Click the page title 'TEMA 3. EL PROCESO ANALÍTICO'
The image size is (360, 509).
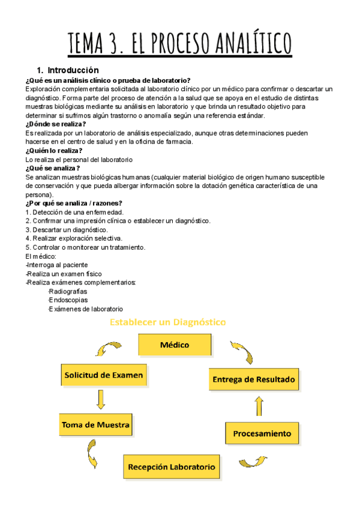[x=180, y=43]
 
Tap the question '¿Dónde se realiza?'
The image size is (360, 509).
[x=56, y=124]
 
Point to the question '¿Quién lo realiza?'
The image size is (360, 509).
[x=54, y=151]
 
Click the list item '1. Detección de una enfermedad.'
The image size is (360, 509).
[x=75, y=212]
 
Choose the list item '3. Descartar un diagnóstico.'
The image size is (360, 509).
[x=67, y=230]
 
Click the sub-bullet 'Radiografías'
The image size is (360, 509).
[x=68, y=291]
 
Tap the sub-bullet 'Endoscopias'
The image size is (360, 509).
[x=68, y=300]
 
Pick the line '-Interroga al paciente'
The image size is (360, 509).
[x=57, y=265]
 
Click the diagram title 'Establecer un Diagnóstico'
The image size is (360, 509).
[x=167, y=322]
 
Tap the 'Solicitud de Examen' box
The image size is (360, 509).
[x=103, y=375]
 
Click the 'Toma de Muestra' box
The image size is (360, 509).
[x=95, y=424]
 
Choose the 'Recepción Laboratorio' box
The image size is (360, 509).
[x=172, y=466]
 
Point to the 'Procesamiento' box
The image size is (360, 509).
[x=262, y=433]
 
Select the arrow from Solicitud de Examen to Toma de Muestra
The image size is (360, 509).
[x=97, y=399]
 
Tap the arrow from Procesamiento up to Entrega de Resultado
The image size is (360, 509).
[x=259, y=406]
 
